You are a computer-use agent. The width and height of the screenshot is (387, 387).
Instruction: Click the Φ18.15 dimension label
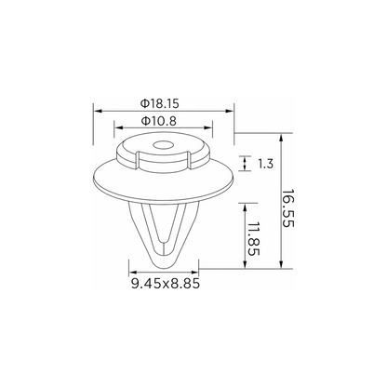[x=159, y=103]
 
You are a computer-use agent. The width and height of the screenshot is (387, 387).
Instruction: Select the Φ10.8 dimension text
[x=159, y=121]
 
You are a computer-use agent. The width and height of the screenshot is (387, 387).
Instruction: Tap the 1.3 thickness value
[x=266, y=164]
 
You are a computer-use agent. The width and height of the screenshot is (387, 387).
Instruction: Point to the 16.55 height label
[x=287, y=208]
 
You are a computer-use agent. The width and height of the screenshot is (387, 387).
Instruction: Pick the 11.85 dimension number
[x=253, y=239]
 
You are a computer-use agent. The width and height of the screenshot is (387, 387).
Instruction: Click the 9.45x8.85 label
[x=166, y=284]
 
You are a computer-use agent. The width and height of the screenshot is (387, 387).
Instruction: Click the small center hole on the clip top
[x=163, y=145]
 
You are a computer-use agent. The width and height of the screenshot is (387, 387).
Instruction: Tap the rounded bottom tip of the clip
[x=163, y=267]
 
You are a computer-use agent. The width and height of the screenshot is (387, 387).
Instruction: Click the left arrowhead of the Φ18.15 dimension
[x=98, y=111]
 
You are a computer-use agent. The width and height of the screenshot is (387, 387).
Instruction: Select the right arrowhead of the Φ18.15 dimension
[x=229, y=111]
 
